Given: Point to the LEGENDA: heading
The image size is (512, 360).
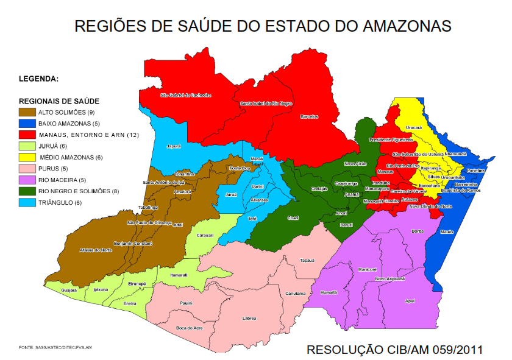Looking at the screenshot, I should [39, 79].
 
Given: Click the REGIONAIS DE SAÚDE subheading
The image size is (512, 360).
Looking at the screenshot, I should [59, 101].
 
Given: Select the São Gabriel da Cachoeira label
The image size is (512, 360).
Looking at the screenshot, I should [185, 95].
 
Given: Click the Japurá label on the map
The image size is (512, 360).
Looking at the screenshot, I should [174, 146].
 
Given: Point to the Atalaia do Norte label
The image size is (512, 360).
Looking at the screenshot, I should [96, 250].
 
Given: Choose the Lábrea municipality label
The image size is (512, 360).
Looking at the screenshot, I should [249, 318].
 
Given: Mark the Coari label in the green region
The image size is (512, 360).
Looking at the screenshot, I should [293, 217].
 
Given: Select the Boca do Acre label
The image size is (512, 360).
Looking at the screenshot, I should [189, 328].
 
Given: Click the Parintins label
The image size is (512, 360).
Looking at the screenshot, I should [476, 171].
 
